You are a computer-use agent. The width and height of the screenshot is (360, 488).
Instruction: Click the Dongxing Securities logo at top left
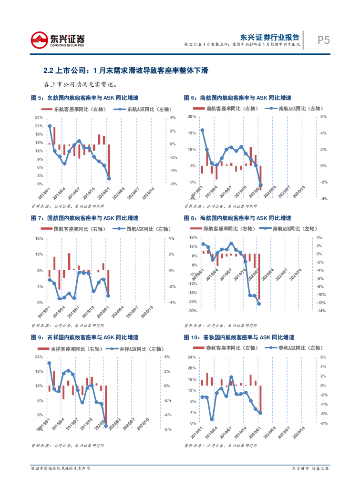[x=57, y=40]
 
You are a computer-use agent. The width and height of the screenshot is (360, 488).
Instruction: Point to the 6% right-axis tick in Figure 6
[x=322, y=116]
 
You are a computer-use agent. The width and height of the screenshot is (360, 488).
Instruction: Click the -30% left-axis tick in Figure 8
[x=193, y=311]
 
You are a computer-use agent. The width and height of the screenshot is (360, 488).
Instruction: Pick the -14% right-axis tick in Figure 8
[x=321, y=311]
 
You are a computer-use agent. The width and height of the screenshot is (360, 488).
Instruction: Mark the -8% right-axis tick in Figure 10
[x=322, y=423]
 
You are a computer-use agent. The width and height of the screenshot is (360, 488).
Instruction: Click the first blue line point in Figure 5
[x=50, y=126]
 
